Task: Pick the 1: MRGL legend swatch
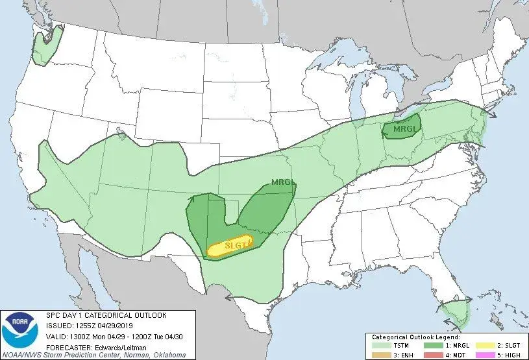pyautogui.click(x=432, y=346)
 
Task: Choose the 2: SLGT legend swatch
pyautogui.click(x=484, y=346)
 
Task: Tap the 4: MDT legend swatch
pyautogui.click(x=432, y=354)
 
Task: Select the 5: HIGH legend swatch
pyautogui.click(x=484, y=354)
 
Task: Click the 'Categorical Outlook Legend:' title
pyautogui.click(x=415, y=337)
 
